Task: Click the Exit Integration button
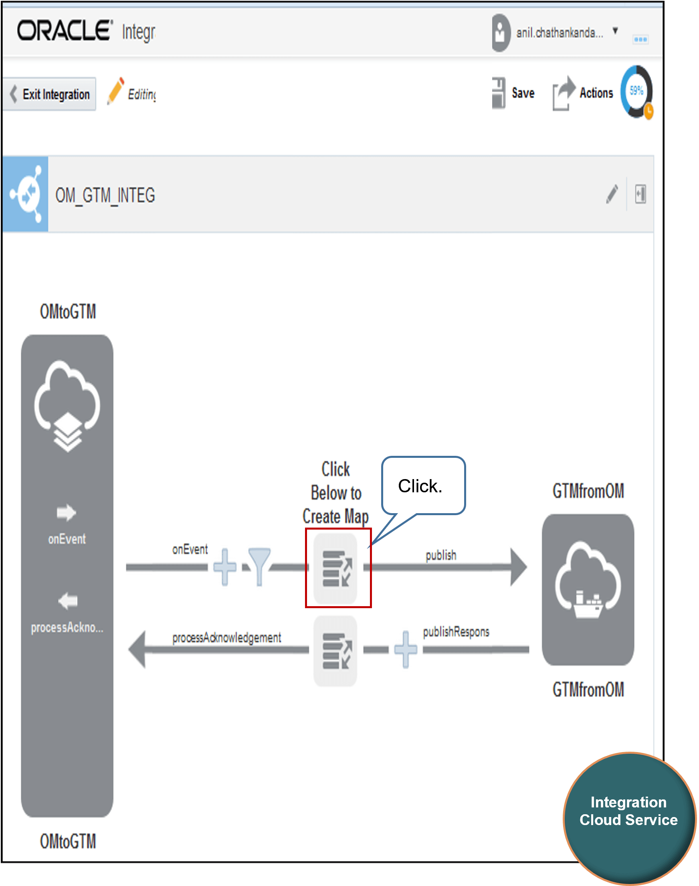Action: point(49,94)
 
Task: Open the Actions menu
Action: point(583,93)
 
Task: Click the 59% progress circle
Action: point(637,92)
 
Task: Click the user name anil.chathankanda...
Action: point(560,33)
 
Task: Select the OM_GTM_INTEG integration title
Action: point(105,195)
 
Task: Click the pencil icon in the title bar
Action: point(612,194)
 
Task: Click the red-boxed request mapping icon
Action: point(335,568)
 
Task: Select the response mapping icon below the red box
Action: point(335,651)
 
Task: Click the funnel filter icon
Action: point(259,566)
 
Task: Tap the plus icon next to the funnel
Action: point(225,567)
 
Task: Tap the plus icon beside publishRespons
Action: point(406,649)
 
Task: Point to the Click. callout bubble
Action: point(423,486)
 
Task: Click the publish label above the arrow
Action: point(441,555)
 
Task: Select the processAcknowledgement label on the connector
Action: point(227,637)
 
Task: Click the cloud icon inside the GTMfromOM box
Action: point(588,579)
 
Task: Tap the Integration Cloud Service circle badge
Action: point(629,819)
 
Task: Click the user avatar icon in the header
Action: point(501,33)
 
